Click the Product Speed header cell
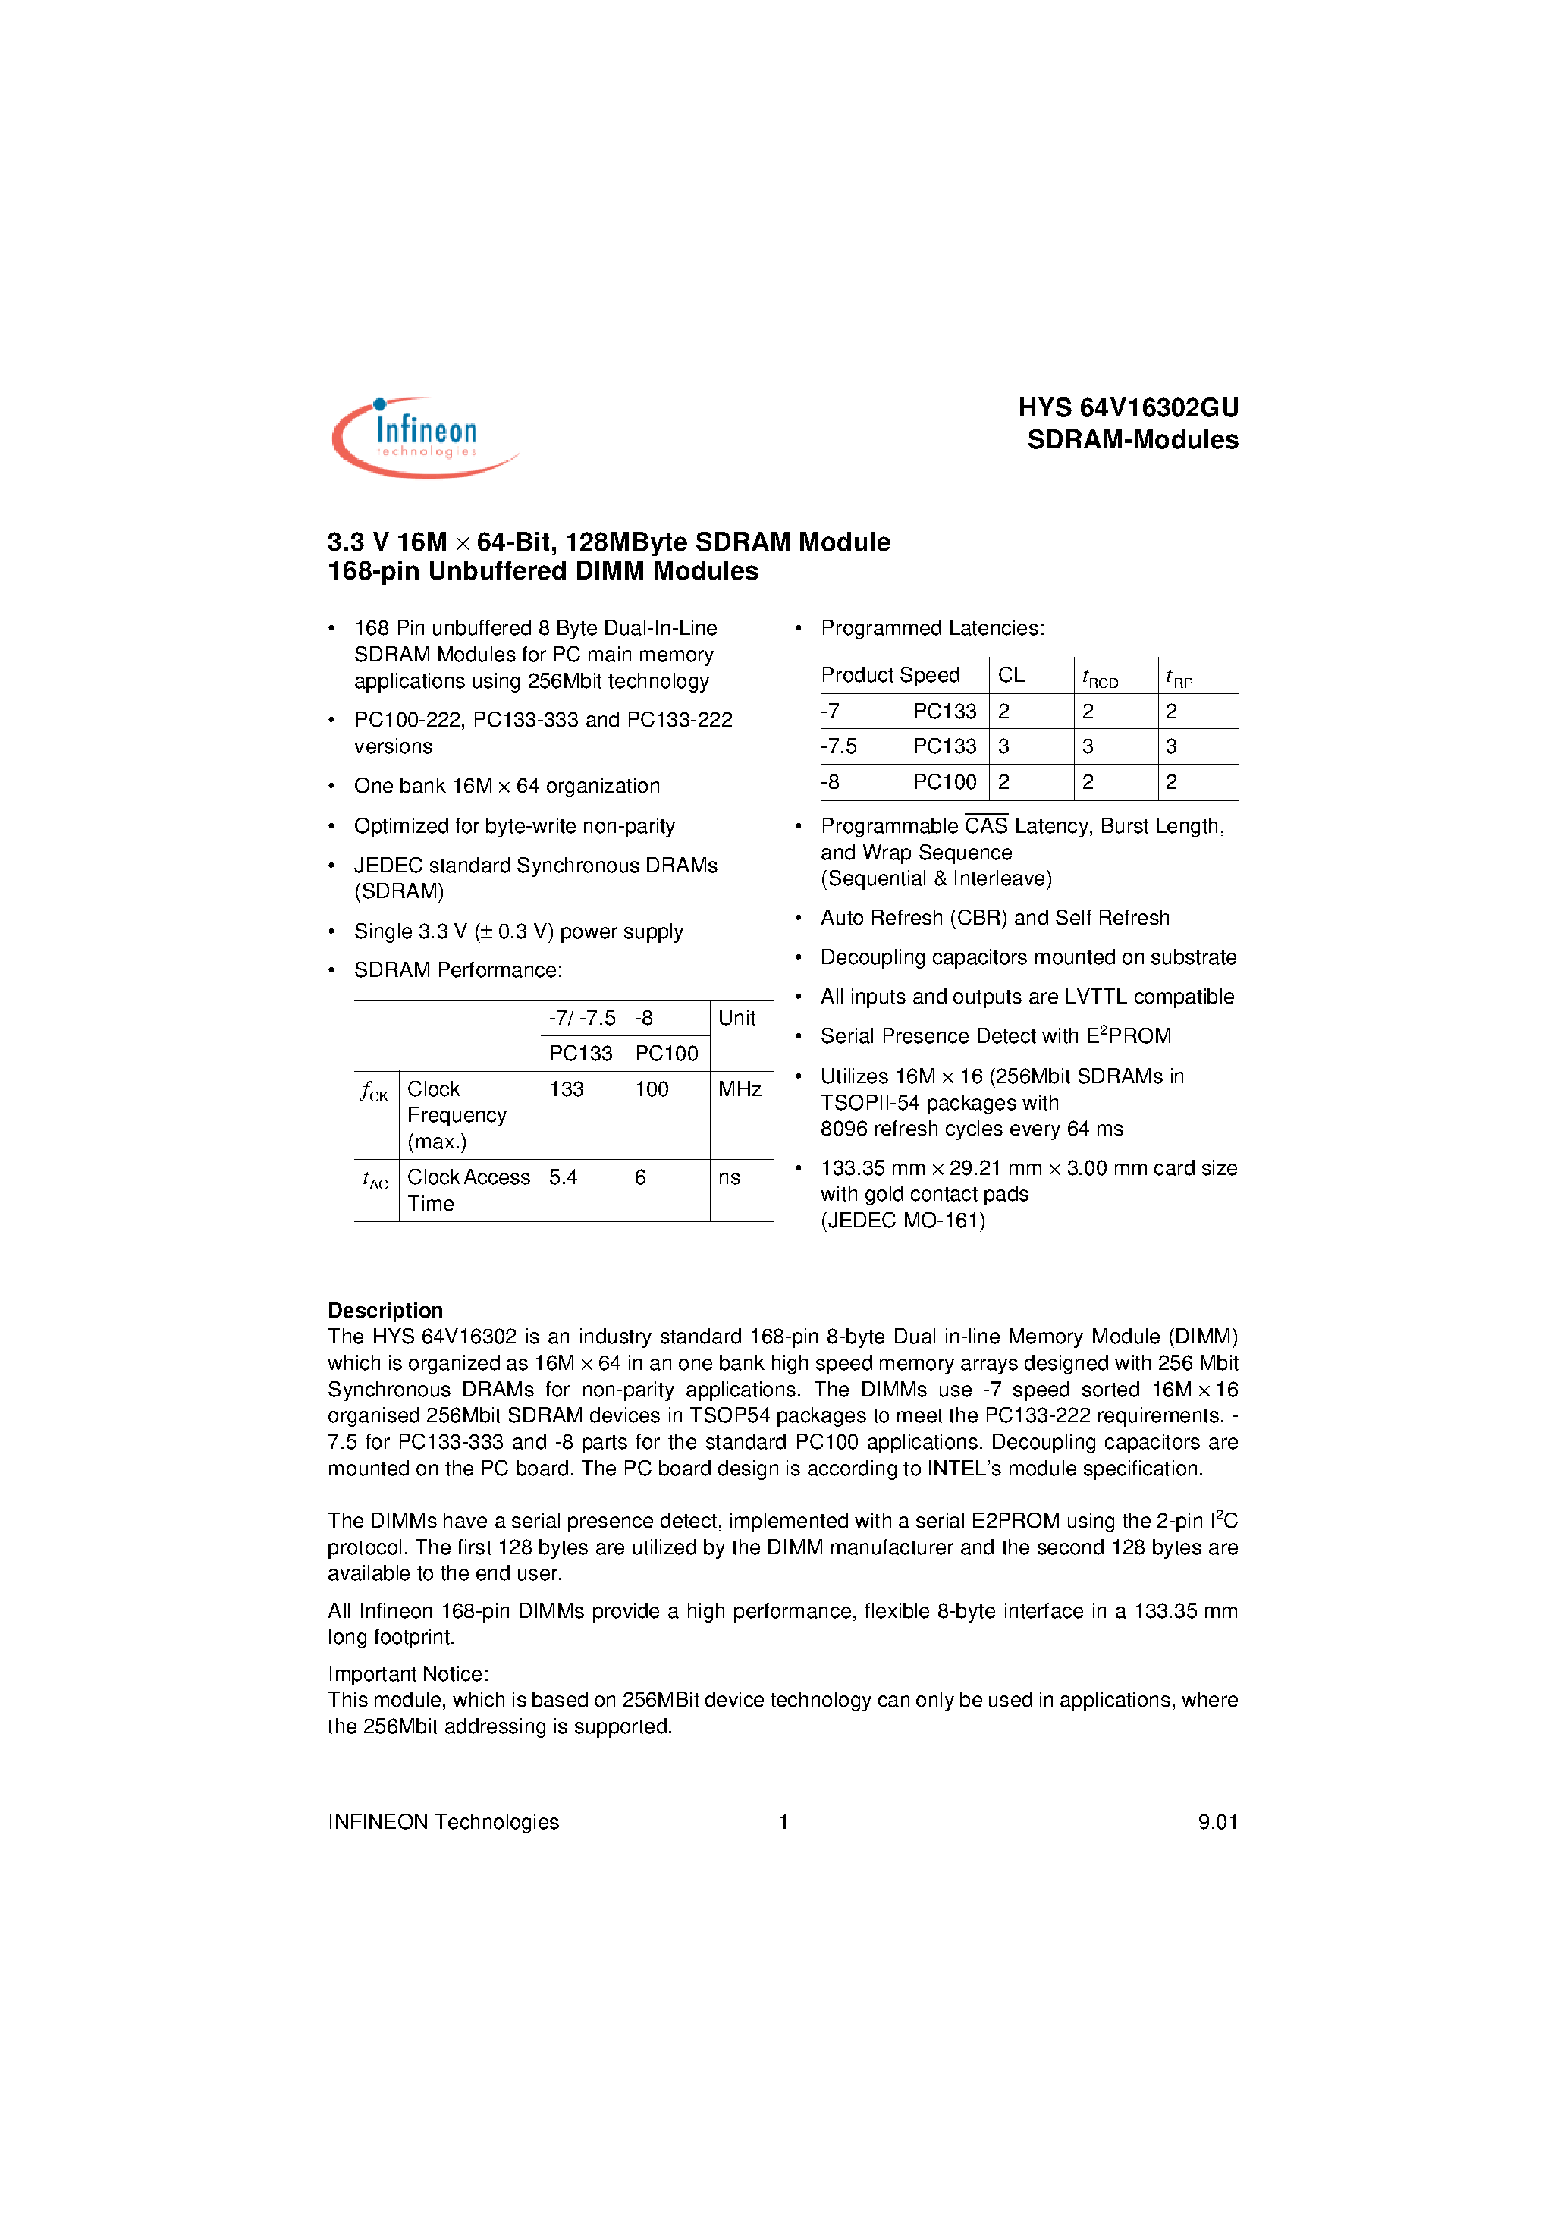tap(890, 675)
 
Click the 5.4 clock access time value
tap(564, 1177)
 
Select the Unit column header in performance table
tap(736, 1018)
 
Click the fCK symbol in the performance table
tap(374, 1092)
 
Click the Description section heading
tap(385, 1311)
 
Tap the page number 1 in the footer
tap(783, 1822)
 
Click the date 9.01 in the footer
tap(1217, 1822)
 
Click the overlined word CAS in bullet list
tap(985, 826)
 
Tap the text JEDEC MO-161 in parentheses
tap(903, 1221)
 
